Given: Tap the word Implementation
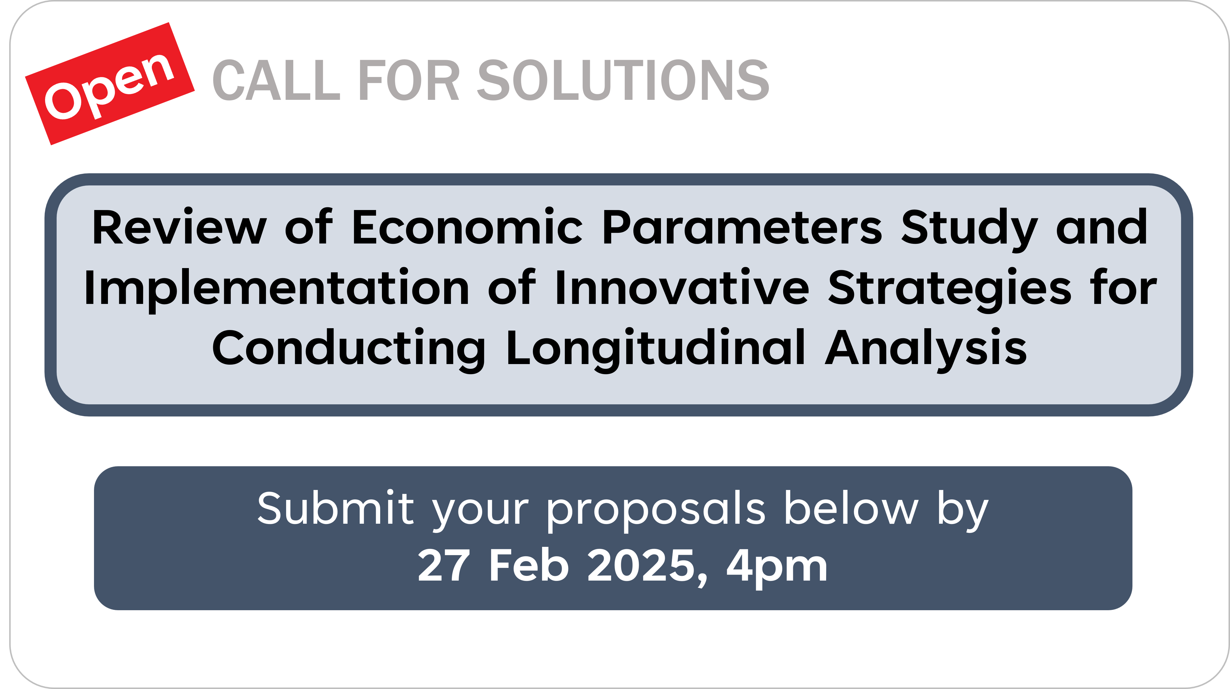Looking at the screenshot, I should point(276,289).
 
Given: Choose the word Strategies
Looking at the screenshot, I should point(950,289).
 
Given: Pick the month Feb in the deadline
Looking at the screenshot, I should point(529,566).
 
